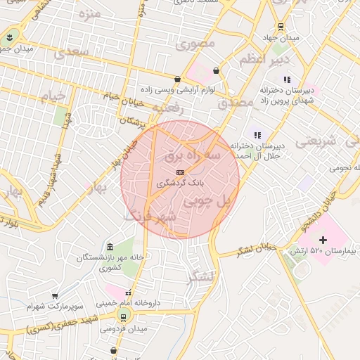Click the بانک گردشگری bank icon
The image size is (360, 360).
click(x=180, y=172)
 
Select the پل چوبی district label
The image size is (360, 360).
click(x=207, y=201)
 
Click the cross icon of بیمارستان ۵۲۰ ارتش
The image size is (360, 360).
click(x=323, y=240)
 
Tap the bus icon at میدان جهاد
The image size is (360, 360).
click(x=281, y=27)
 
